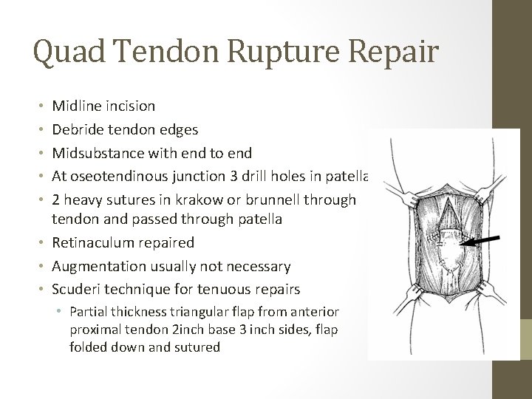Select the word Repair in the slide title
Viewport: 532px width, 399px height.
pyautogui.click(x=391, y=53)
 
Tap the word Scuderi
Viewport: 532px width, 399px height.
pyautogui.click(x=78, y=289)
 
